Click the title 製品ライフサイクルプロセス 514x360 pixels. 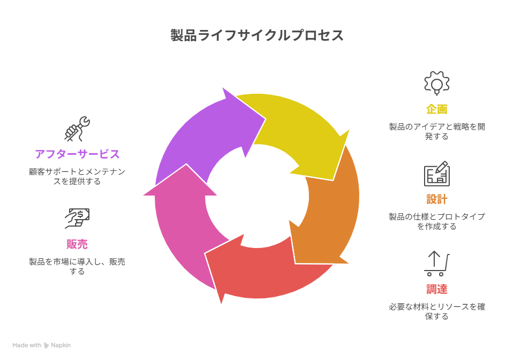pos(257,35)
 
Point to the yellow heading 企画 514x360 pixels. pos(437,109)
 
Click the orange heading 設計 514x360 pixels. pos(437,199)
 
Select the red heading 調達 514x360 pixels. pos(437,289)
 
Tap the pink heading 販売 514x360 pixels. pos(77,244)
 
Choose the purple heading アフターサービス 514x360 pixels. pos(77,154)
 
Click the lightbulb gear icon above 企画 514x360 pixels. pos(437,84)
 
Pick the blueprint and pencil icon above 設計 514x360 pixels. pos(437,174)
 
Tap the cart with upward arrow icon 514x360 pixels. pos(437,264)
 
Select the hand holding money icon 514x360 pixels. pos(77,219)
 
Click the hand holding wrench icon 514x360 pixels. pos(77,129)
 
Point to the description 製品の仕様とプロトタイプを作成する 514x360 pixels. pos(437,221)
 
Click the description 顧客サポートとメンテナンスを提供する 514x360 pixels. pos(77,176)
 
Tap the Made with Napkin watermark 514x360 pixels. pos(42,346)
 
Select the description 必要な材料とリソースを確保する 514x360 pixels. pos(437,311)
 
